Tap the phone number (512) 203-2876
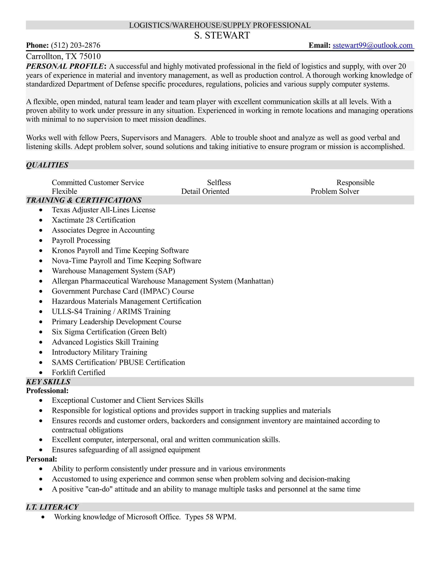[76, 45]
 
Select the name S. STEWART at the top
[222, 35]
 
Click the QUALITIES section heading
[47, 165]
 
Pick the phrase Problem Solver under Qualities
[335, 191]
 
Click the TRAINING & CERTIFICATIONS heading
[84, 200]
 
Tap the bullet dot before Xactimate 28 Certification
[41, 220]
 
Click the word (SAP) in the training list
[165, 271]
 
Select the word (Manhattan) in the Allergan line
[254, 281]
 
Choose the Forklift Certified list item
[78, 372]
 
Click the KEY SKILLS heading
[48, 382]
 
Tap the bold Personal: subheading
[41, 459]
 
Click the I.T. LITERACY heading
[52, 507]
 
